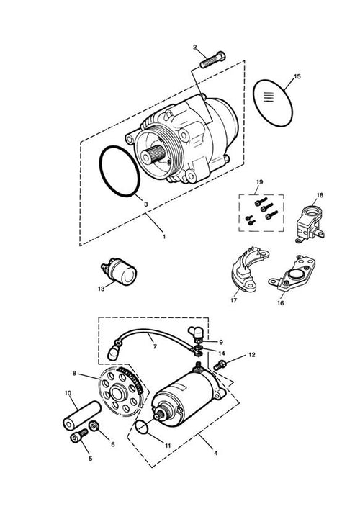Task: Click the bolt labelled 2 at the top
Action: tap(212, 60)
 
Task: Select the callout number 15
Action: tap(297, 76)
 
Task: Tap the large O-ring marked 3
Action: tap(120, 171)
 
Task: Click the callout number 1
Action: tap(164, 237)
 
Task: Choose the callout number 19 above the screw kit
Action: tap(259, 182)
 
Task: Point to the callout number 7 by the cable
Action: tap(155, 347)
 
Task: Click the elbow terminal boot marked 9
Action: tap(195, 333)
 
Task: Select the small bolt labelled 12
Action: tap(220, 365)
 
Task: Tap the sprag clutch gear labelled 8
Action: tap(120, 393)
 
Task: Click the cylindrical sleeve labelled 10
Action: tap(82, 415)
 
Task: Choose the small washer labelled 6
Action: tap(94, 425)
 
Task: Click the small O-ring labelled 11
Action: tap(142, 426)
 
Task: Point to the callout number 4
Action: tap(215, 453)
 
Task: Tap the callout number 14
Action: tap(221, 353)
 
